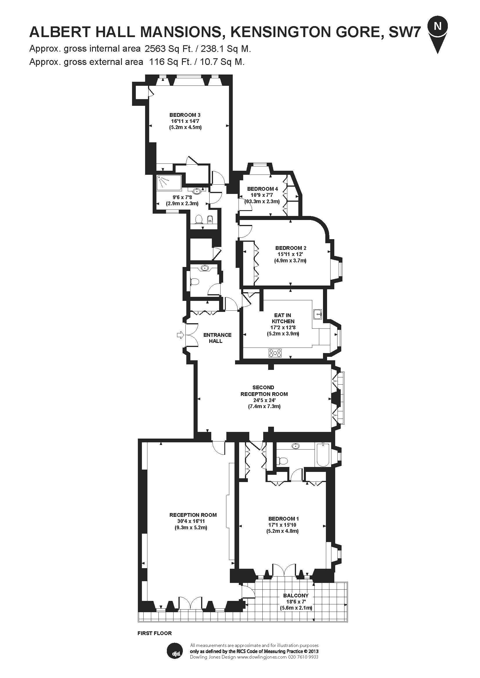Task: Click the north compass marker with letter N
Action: [x=437, y=27]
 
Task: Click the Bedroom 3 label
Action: [x=185, y=115]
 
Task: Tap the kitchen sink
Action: [x=317, y=315]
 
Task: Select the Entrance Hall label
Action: [x=217, y=338]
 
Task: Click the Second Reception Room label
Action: [x=264, y=390]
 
